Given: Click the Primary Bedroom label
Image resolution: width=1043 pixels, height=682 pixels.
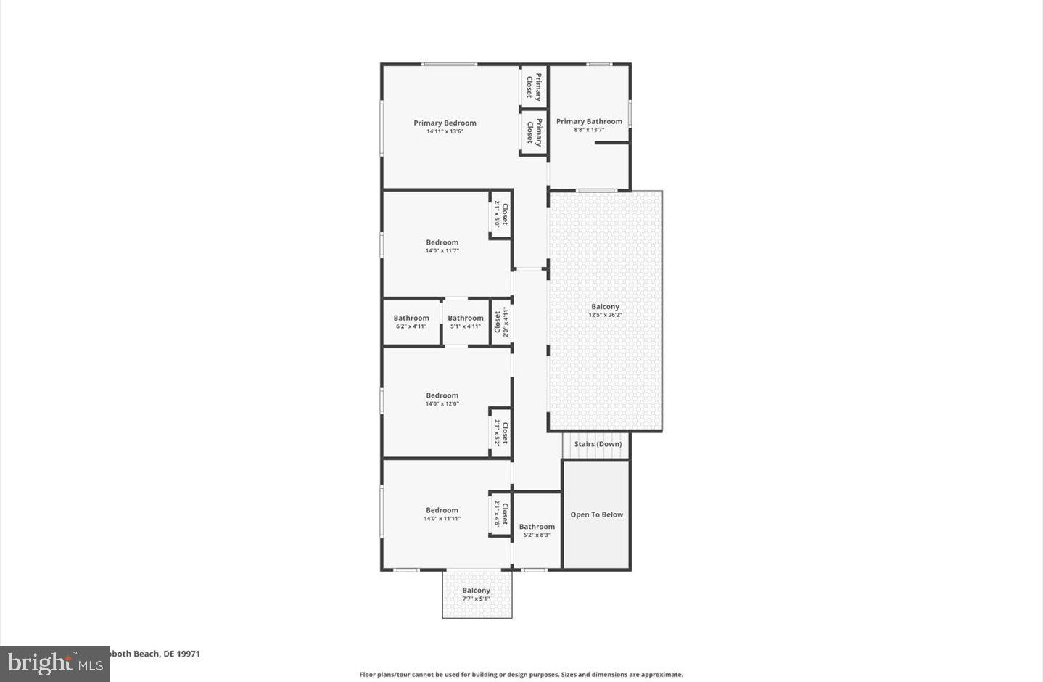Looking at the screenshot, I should [x=445, y=123].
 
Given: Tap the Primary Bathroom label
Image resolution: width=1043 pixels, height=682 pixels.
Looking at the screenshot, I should [x=589, y=121].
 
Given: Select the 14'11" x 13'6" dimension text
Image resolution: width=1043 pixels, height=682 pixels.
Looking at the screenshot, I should [x=445, y=131].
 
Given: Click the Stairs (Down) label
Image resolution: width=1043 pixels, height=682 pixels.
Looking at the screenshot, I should [x=598, y=444].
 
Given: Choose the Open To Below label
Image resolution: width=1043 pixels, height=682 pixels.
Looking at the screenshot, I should [x=596, y=514].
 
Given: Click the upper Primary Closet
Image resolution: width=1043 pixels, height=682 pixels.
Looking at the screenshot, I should [x=533, y=86].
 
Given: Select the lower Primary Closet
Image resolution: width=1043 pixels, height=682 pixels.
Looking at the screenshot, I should [x=534, y=132].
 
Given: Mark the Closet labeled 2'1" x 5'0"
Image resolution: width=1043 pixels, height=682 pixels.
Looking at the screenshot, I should [x=501, y=214].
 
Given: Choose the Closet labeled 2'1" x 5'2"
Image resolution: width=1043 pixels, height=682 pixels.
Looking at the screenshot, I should [x=501, y=432].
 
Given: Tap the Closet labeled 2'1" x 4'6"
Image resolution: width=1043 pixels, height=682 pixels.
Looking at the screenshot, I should [x=501, y=514].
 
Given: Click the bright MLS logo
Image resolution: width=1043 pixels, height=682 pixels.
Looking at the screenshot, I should [x=55, y=663].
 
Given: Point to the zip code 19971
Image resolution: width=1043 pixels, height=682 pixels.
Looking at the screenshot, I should [x=189, y=653].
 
